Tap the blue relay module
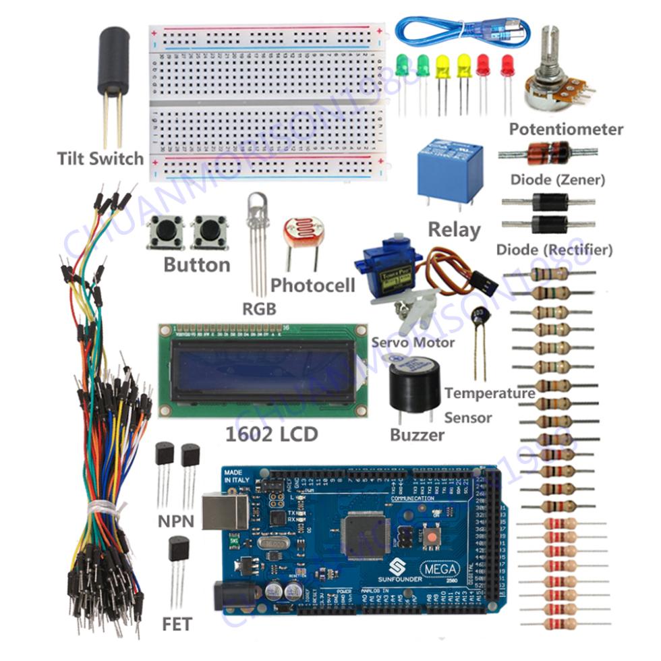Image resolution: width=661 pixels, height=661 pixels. (x=449, y=166)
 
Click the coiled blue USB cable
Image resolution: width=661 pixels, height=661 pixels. (x=459, y=30)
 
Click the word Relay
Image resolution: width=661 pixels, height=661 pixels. (x=454, y=229)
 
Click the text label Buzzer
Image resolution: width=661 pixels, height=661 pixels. (x=417, y=434)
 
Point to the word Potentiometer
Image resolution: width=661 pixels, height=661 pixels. (x=566, y=129)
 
